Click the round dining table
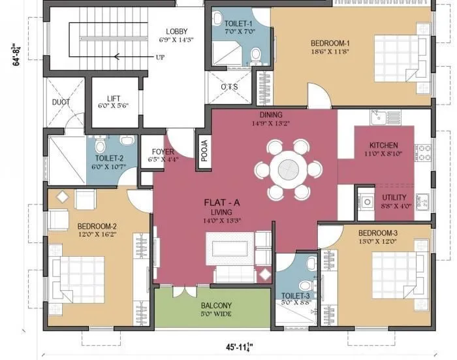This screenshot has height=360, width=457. coord(289,169)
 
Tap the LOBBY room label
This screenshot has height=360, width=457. coord(177,31)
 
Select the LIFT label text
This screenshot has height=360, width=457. coord(114,98)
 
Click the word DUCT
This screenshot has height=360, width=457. coord(61,103)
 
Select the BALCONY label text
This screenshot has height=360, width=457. coord(216,305)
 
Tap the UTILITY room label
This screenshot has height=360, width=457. coord(394,197)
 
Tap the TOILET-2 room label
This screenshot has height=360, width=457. coord(109,157)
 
